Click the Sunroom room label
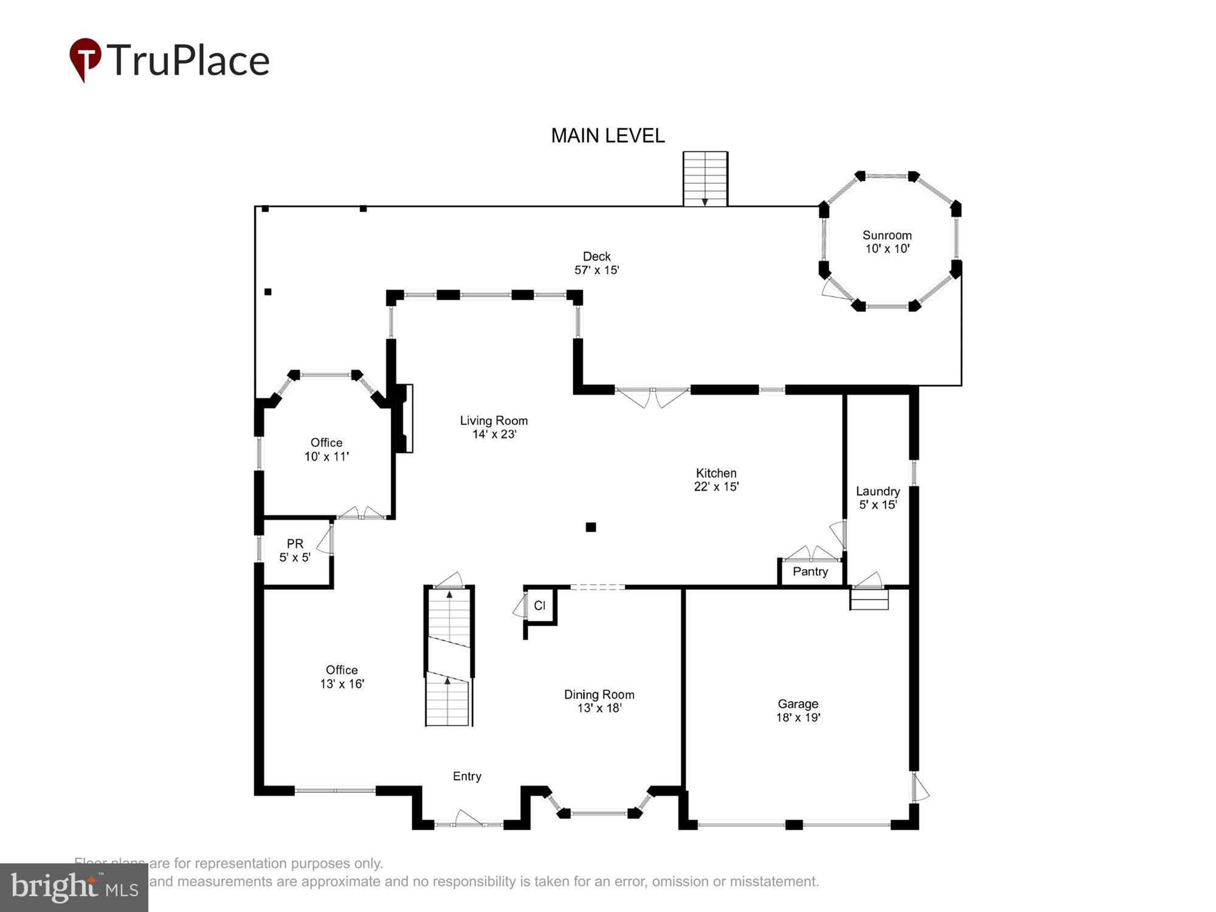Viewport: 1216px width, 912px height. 887,235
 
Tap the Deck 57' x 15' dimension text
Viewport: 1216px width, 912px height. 596,270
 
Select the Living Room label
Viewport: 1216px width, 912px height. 493,421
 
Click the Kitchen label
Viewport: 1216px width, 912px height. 716,473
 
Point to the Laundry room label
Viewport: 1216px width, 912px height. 877,491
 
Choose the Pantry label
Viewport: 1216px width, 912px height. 810,572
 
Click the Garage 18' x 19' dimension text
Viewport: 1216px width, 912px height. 798,717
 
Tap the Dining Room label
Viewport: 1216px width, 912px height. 599,694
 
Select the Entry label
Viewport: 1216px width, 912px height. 467,776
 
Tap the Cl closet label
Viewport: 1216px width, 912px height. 539,606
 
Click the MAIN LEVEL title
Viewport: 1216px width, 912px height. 607,136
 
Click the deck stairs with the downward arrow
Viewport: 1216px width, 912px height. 705,179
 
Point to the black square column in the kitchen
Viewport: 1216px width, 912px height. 590,527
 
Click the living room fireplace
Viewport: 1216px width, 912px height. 404,418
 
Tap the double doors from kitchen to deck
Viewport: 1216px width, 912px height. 652,396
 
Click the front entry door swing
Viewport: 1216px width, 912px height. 468,818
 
